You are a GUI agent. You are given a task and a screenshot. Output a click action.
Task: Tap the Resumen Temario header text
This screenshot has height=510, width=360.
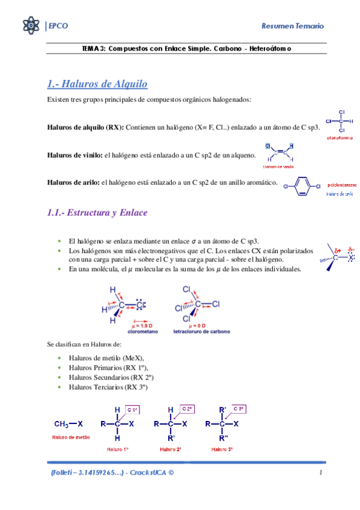coord(293,25)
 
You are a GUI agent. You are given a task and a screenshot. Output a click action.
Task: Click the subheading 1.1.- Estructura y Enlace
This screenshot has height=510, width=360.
coord(97,213)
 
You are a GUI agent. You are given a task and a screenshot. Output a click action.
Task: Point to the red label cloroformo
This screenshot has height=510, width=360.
coord(340,138)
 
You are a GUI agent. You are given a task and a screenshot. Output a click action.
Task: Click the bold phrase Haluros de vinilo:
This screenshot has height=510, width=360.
coord(75,155)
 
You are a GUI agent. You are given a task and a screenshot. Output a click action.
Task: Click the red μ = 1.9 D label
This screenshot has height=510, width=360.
coord(142,325)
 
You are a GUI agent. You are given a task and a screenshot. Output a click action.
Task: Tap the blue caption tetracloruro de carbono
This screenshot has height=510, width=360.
coord(201,331)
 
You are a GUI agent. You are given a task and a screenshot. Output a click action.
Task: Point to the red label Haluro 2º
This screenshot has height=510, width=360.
coord(170,449)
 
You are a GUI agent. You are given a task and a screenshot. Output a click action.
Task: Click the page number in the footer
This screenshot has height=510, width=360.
coord(322,473)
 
